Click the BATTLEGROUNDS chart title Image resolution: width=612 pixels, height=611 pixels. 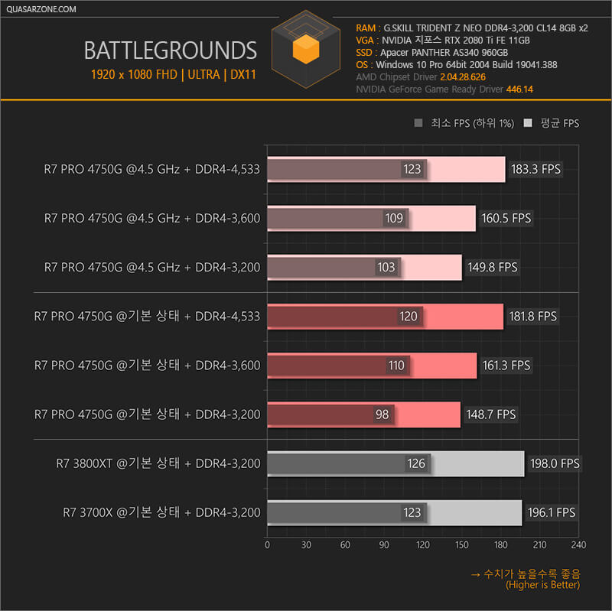click(170, 50)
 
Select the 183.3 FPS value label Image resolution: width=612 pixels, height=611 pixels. click(535, 169)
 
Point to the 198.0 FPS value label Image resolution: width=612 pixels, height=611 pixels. click(554, 463)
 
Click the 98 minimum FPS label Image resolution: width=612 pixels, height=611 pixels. click(382, 414)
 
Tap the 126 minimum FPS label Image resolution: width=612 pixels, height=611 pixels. click(417, 463)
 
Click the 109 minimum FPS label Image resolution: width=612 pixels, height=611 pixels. click(394, 218)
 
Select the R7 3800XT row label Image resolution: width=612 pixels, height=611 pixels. click(158, 463)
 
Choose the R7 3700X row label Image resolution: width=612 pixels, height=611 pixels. click(161, 512)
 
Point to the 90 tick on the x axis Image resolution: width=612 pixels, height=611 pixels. click(384, 544)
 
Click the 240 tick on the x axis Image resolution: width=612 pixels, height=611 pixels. click(578, 544)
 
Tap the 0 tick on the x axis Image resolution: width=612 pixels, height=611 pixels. click(267, 544)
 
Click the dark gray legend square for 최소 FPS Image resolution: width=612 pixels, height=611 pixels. click(418, 123)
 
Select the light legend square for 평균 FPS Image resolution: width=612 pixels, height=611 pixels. click(528, 123)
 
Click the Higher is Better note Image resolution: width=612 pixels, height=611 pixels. click(542, 585)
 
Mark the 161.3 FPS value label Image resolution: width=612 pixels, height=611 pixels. click(506, 366)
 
